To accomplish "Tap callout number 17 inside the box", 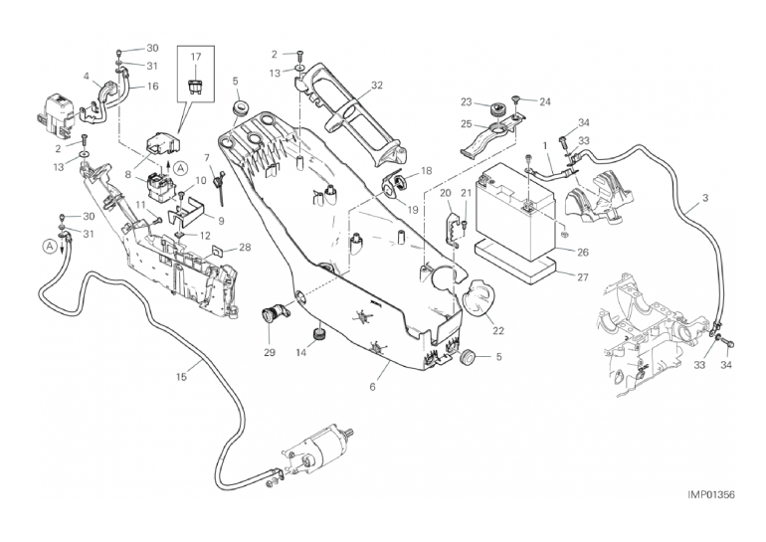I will (x=195, y=58).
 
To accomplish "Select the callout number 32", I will (x=377, y=86).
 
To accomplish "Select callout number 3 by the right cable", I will (x=704, y=199).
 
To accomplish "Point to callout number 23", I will (x=467, y=101).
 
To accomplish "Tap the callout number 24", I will (x=544, y=101).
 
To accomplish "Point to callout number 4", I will (x=88, y=77).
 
